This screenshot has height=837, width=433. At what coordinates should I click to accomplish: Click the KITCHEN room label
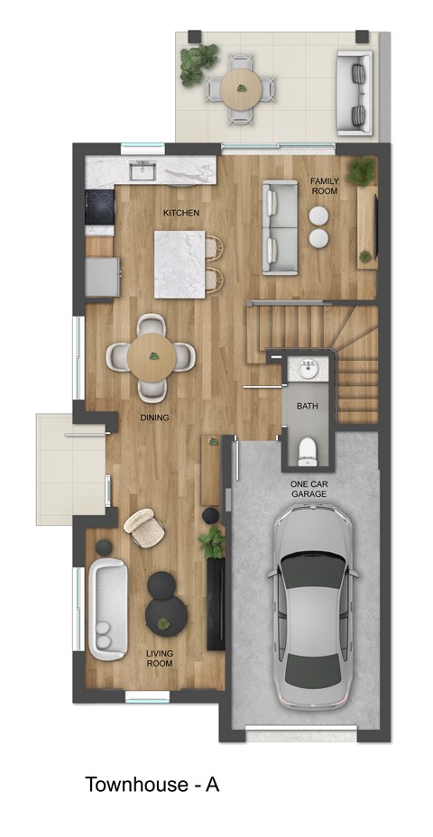[x=180, y=213]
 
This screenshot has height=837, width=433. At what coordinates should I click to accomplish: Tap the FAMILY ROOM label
[x=324, y=186]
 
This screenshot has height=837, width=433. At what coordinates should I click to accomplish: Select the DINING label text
[x=154, y=418]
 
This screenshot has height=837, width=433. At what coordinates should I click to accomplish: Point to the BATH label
[x=308, y=407]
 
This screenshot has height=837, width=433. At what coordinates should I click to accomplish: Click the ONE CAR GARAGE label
[x=308, y=489]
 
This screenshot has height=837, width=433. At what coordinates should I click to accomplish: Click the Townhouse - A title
[x=152, y=785]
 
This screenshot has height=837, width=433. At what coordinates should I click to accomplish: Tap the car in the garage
[x=310, y=605]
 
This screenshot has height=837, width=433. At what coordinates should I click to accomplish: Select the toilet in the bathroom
[x=307, y=449]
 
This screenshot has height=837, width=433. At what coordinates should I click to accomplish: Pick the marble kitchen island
[x=180, y=263]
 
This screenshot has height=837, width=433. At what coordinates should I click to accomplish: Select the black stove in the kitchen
[x=100, y=206]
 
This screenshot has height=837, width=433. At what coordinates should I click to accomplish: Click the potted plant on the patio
[x=196, y=65]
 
